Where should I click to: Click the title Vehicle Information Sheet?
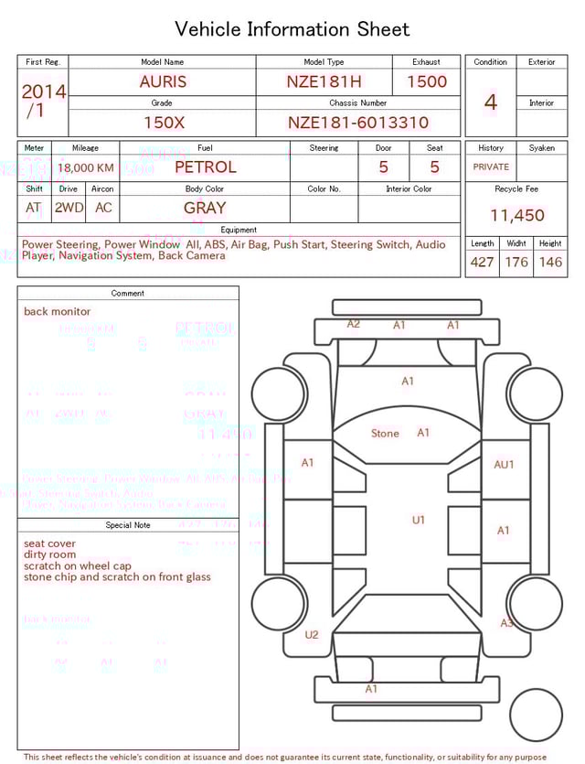pos(292,29)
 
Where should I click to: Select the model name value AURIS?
pos(163,81)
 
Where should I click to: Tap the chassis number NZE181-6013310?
pos(358,123)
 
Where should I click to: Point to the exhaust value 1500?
pos(427,81)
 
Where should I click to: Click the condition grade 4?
pos(491,102)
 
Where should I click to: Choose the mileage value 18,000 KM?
pos(86,168)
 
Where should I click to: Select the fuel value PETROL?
pos(205,167)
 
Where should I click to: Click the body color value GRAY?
pos(205,208)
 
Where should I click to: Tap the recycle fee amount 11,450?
pos(516,216)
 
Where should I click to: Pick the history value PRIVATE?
pos(491,167)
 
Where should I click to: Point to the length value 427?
pos(482,263)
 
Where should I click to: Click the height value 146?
pos(550,263)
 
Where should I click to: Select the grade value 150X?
pos(164,123)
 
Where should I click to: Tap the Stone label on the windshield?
pos(385,434)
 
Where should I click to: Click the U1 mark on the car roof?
pos(418,520)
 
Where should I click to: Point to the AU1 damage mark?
pos(504,465)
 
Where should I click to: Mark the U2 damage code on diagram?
pos(312,635)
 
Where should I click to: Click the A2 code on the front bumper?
pos(353,324)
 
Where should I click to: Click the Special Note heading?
pos(128,525)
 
